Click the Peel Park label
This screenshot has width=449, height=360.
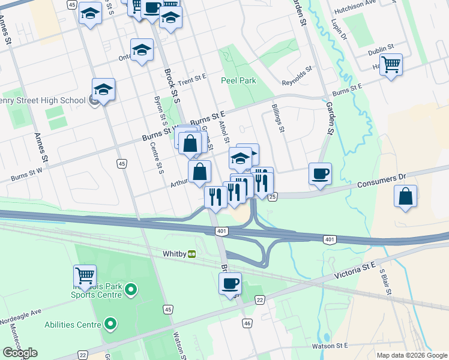coord(238,80)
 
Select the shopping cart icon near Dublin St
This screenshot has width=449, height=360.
coord(390,64)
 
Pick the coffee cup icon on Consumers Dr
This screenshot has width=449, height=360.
coord(319,173)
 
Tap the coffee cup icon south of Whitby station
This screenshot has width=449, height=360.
coord(229,283)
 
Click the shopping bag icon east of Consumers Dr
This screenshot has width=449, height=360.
coord(406,196)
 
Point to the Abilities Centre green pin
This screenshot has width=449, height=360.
coord(110,325)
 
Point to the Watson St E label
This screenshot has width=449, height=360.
coord(330,346)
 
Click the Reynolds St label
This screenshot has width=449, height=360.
coord(298,77)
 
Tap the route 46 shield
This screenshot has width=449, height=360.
coord(247,323)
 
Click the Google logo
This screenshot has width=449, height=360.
coord(20,353)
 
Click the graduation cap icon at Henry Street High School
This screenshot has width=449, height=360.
coord(103,90)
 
